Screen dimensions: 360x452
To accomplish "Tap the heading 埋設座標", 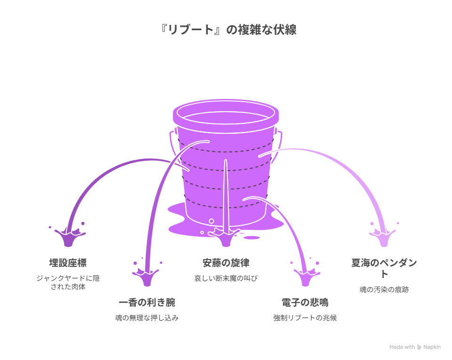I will tap(68, 262).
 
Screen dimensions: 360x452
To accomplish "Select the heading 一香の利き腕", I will tap(147, 302).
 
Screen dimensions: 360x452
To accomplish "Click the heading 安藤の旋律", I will tap(226, 262).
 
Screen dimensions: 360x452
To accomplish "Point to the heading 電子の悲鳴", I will tap(305, 302).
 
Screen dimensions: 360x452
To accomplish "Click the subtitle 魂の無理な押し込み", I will tap(147, 318).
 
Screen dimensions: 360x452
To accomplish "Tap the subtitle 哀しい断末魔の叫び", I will tap(226, 278).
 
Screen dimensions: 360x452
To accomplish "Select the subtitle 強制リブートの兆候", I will tap(305, 318).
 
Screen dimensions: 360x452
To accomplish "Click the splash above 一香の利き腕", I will tap(147, 276).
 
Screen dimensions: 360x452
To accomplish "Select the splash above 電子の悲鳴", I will tap(305, 276).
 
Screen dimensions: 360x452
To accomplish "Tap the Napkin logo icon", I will tap(420, 347).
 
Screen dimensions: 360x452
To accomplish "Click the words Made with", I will tap(402, 347).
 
